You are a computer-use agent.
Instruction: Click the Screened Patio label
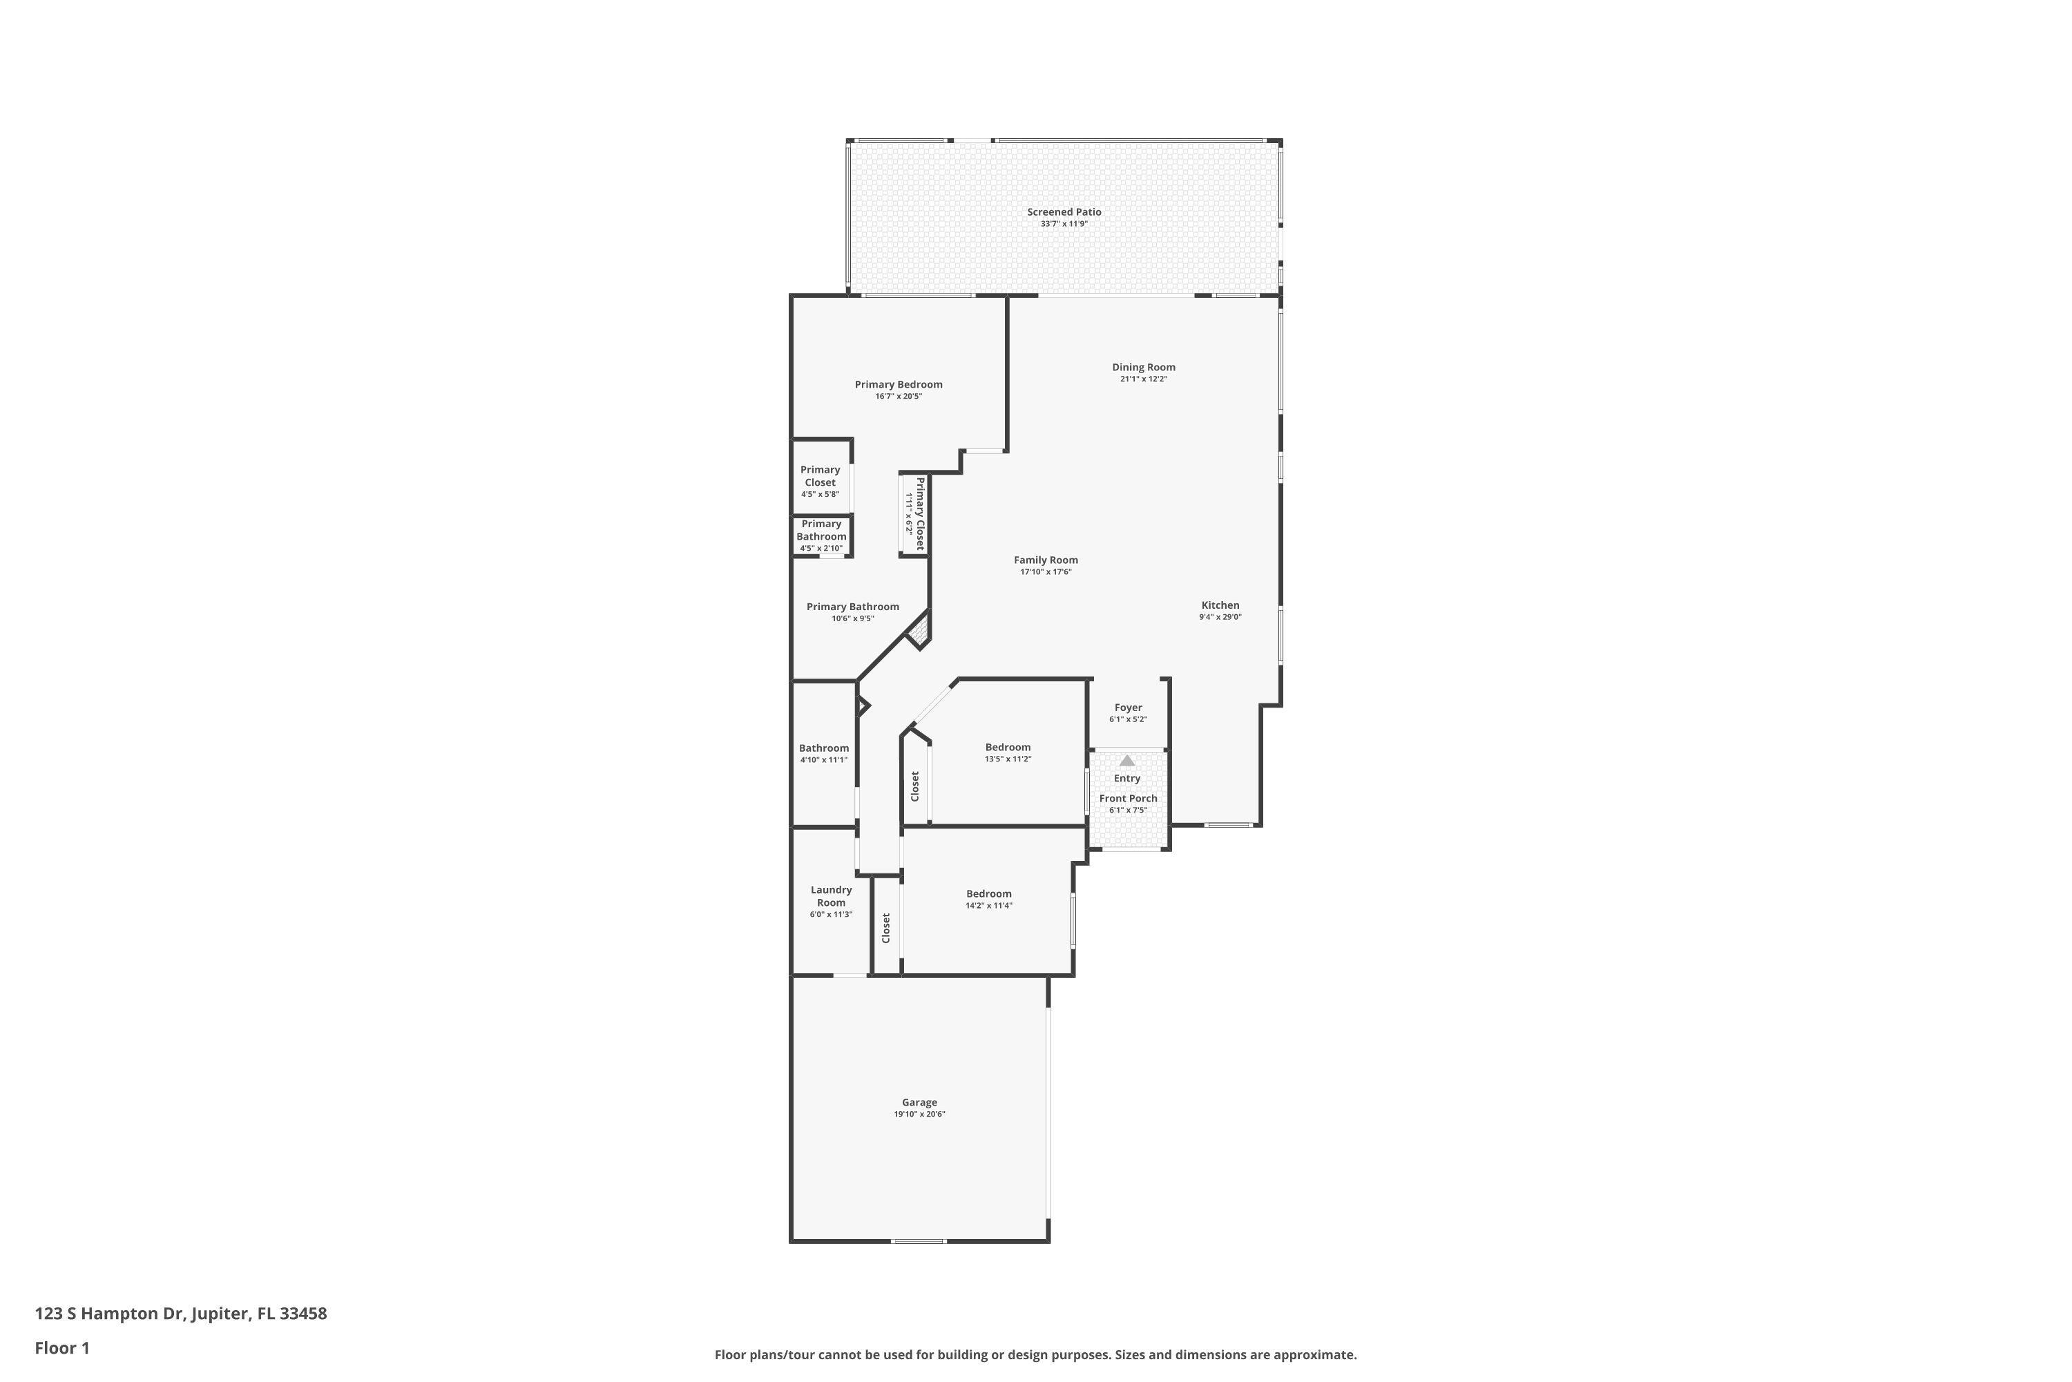1064,211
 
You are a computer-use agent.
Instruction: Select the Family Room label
1045,560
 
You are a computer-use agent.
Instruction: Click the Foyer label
1128,708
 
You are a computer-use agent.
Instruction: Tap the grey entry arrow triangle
1126,759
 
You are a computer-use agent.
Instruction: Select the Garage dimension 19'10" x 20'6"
919,1114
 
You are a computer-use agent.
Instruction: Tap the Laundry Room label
831,896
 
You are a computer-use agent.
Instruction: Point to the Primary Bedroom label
898,384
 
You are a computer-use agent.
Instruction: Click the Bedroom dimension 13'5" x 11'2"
1007,759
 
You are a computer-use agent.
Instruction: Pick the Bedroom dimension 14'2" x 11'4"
988,905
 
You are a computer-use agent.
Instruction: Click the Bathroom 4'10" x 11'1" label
824,748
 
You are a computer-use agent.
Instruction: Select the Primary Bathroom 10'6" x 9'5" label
852,607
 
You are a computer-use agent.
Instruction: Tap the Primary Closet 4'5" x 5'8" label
819,476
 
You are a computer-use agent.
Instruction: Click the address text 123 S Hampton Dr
110,1314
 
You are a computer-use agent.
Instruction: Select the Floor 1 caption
61,1347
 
